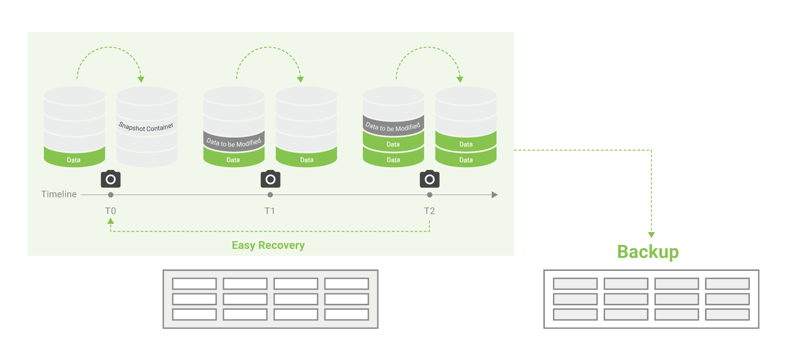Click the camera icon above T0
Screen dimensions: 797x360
pos(111,179)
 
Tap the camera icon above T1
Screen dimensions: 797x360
pos(271,179)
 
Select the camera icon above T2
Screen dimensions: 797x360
pos(430,179)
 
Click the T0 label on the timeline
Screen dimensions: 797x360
pos(111,211)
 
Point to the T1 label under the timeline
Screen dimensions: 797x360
pos(270,211)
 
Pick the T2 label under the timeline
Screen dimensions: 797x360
pos(430,211)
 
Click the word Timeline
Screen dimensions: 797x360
pos(59,194)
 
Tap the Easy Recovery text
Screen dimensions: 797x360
pos(268,245)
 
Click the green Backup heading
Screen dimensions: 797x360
pos(648,252)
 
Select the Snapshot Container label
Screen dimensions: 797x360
pos(146,127)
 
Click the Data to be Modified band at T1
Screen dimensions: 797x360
pos(234,143)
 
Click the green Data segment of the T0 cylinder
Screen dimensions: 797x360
pos(74,158)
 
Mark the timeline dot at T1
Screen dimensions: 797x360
pos(270,195)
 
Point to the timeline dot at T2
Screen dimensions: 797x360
pos(430,195)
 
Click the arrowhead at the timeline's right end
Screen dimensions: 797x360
pos(494,195)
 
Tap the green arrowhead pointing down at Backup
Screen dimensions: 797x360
pos(652,235)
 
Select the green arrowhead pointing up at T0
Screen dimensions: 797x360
pos(111,221)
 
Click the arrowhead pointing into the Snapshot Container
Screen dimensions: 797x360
pos(141,79)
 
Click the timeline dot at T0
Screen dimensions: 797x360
pos(111,195)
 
